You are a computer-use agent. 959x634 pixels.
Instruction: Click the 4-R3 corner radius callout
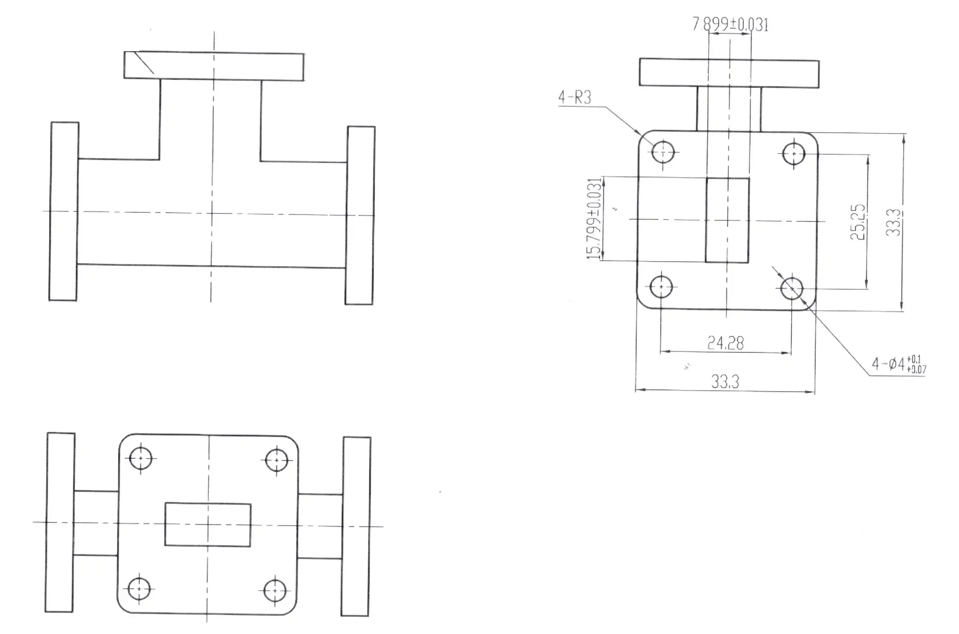tap(574, 97)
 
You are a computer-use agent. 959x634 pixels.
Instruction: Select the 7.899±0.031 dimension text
tap(730, 25)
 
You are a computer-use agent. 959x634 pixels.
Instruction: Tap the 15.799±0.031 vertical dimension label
tap(594, 218)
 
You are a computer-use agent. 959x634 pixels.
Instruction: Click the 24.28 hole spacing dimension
tap(726, 343)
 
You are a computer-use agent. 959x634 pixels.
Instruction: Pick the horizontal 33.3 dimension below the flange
tap(725, 382)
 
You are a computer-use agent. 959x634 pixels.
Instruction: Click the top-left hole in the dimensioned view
tap(663, 152)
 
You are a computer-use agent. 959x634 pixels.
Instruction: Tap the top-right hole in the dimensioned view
tap(793, 153)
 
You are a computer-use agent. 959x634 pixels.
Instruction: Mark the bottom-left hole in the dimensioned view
tap(661, 287)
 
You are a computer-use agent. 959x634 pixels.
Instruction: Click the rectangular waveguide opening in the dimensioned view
tap(727, 220)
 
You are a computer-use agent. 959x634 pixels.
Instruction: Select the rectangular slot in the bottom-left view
tap(208, 525)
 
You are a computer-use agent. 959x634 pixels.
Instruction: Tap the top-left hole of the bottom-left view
tap(140, 458)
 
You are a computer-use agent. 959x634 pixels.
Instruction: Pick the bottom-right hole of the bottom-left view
tap(275, 591)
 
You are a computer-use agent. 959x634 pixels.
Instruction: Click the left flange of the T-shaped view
tap(64, 211)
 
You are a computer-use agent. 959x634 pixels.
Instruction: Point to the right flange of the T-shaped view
tap(360, 215)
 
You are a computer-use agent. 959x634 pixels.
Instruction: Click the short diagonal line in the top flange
tap(144, 63)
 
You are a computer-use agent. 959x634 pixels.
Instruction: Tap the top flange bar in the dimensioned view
tap(729, 73)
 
